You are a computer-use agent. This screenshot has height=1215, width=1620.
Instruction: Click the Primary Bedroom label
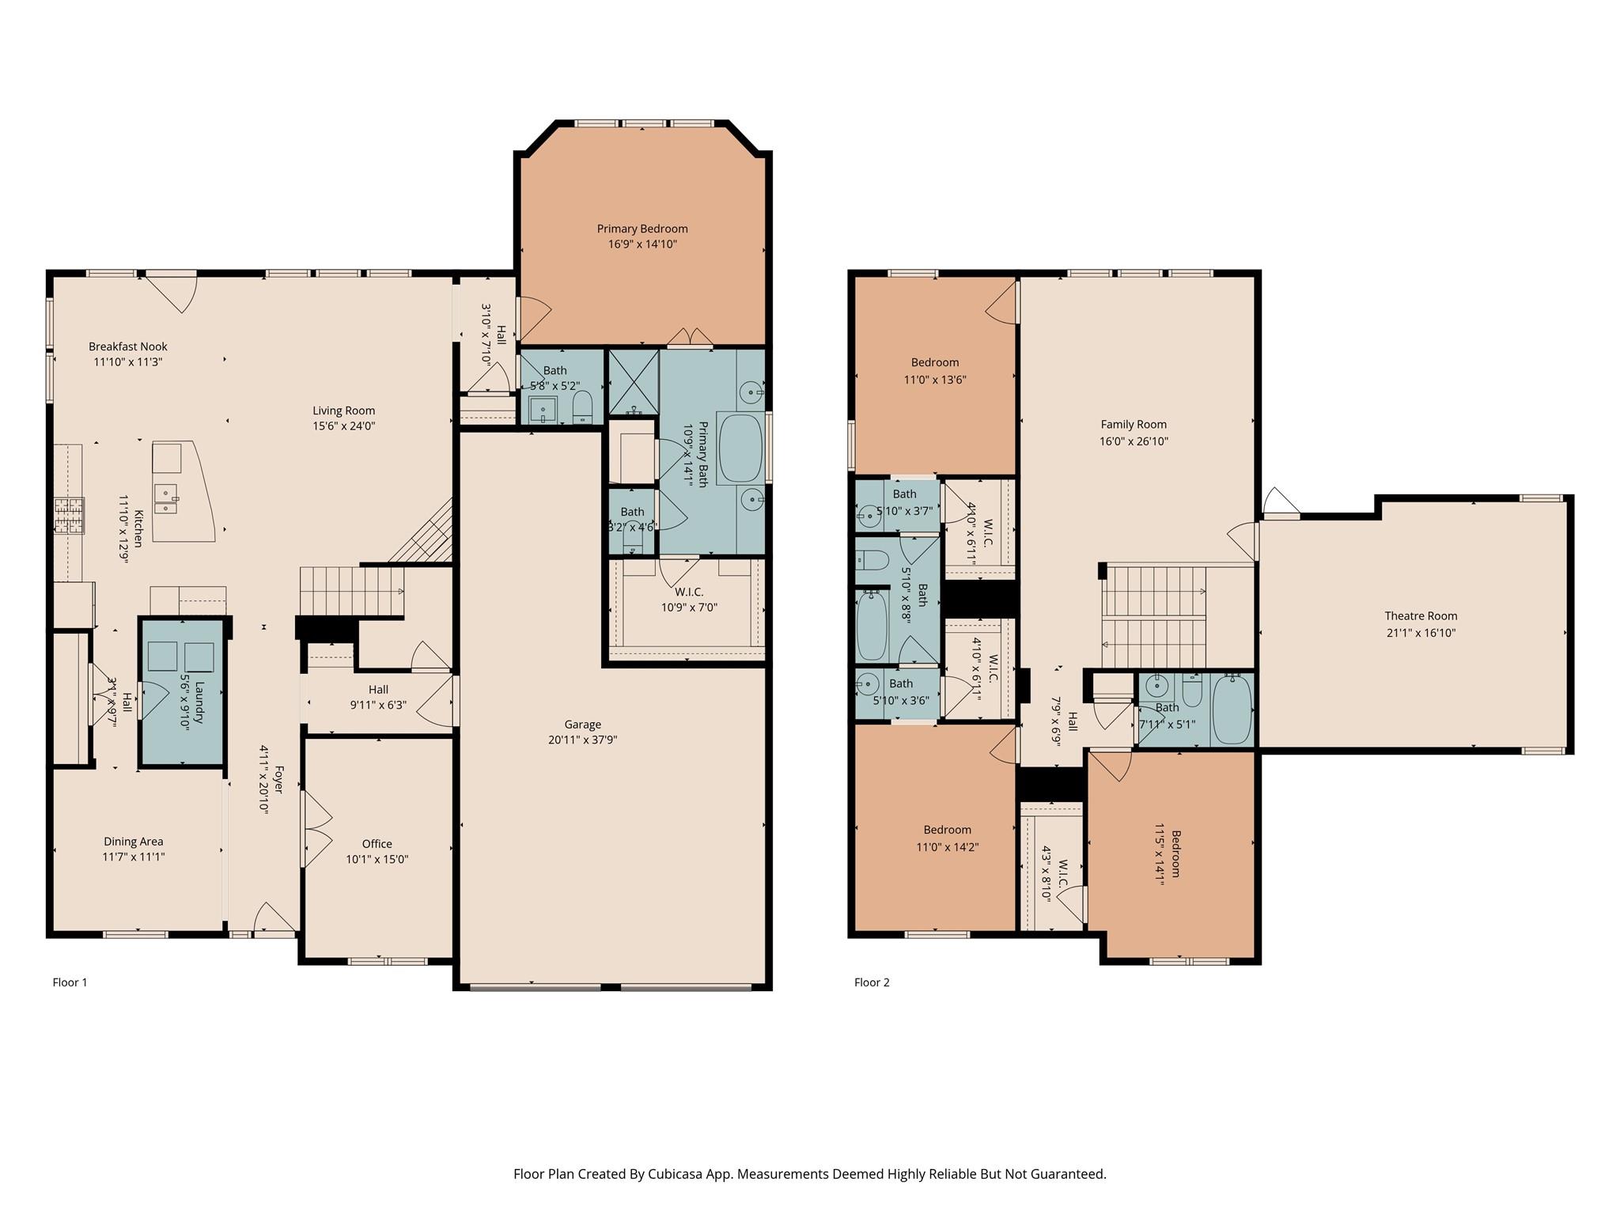pyautogui.click(x=642, y=229)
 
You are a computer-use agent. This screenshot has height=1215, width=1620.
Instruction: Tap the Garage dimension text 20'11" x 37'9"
pyautogui.click(x=582, y=740)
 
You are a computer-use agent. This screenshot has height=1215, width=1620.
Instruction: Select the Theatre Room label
pyautogui.click(x=1421, y=616)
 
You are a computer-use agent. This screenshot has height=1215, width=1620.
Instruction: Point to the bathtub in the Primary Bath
pyautogui.click(x=740, y=448)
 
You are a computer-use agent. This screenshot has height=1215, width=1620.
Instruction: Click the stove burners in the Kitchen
pyautogui.click(x=69, y=516)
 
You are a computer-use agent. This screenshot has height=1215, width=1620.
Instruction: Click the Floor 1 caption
pyautogui.click(x=70, y=982)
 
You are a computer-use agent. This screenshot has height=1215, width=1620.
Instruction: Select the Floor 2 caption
pyautogui.click(x=872, y=982)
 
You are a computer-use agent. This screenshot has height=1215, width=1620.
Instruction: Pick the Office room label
pyautogui.click(x=377, y=844)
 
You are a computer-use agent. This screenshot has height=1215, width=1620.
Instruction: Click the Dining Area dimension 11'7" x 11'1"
pyautogui.click(x=134, y=857)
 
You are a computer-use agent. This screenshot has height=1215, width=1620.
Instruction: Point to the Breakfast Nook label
pyautogui.click(x=128, y=346)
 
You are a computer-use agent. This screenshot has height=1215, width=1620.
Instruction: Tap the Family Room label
pyautogui.click(x=1134, y=425)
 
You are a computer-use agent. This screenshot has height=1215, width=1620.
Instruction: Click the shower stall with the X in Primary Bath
pyautogui.click(x=633, y=383)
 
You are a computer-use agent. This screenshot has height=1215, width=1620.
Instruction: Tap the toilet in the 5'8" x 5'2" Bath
pyautogui.click(x=582, y=407)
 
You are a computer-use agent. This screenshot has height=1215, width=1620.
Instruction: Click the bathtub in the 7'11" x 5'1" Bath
pyautogui.click(x=1232, y=710)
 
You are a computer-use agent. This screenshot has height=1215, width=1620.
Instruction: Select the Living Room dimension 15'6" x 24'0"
pyautogui.click(x=343, y=426)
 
